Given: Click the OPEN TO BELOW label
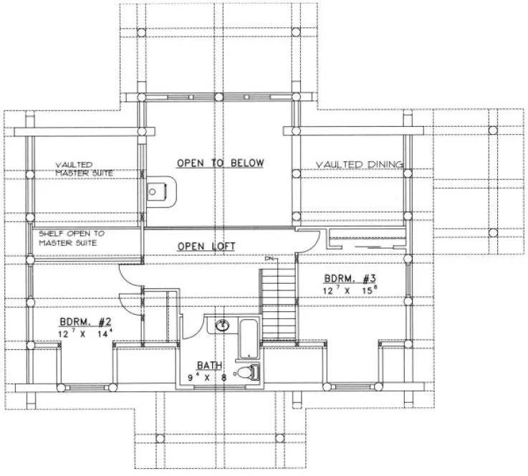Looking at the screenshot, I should point(220,163).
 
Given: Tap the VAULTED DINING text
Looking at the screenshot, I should point(359,165).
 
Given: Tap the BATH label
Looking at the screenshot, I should point(203,364).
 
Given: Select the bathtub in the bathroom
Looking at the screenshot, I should point(248,339).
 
